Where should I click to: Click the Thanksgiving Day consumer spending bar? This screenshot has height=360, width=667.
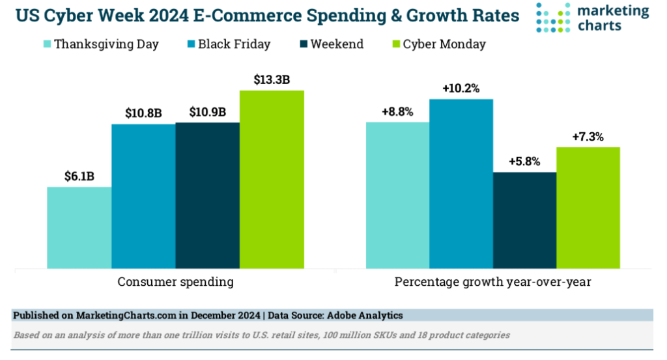(x=79, y=227)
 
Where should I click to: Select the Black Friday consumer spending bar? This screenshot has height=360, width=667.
(x=143, y=195)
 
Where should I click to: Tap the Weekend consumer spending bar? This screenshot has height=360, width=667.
(x=207, y=195)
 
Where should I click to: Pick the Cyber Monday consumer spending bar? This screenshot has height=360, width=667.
(x=272, y=179)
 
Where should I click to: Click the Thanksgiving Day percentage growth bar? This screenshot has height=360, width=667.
(x=397, y=195)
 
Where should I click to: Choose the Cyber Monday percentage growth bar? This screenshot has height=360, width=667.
(x=588, y=208)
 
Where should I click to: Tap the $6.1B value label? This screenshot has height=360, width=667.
(x=79, y=176)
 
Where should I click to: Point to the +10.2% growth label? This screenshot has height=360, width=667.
(x=461, y=89)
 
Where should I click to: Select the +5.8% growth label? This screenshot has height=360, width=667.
(x=524, y=161)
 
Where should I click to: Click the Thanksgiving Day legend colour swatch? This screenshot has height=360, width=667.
(x=46, y=44)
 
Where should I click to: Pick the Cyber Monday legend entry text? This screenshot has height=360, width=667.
(x=444, y=44)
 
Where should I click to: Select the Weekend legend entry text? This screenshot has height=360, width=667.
(x=337, y=44)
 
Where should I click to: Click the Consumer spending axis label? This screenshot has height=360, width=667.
(x=175, y=283)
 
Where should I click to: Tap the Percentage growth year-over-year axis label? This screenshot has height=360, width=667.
(x=492, y=283)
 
